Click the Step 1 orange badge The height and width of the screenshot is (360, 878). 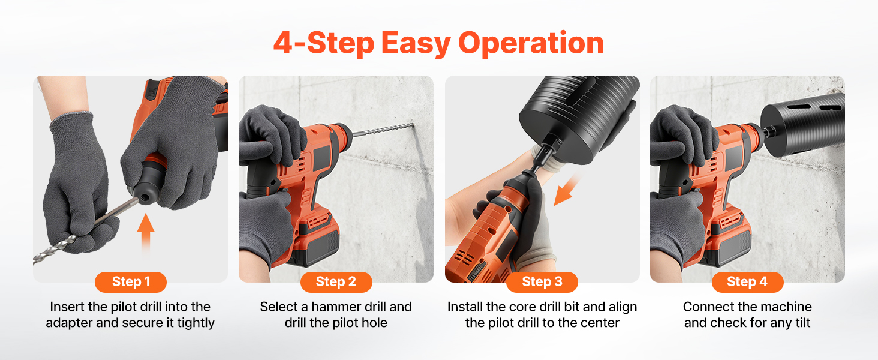[x=131, y=282]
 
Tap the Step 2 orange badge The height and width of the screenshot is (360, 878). [x=336, y=282]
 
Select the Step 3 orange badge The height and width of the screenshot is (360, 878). [x=542, y=282]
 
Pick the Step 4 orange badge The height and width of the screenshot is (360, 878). [x=747, y=282]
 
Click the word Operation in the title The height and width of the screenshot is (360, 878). [x=531, y=43]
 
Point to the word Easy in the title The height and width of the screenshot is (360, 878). [x=416, y=44]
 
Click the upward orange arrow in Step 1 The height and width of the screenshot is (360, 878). [x=145, y=233]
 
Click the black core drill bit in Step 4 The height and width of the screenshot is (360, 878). [x=802, y=124]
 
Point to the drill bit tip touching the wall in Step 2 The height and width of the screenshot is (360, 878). [x=413, y=125]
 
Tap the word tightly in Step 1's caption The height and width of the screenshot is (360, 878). [x=196, y=323]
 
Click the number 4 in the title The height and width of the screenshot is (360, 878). [x=283, y=43]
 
